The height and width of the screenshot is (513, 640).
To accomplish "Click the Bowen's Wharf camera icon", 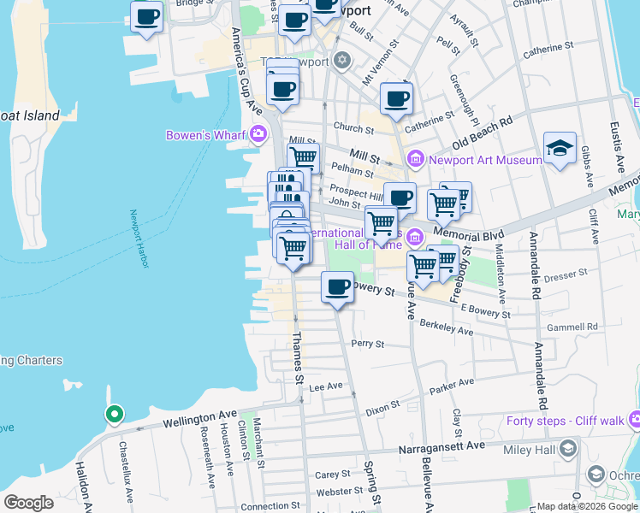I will [x=258, y=134].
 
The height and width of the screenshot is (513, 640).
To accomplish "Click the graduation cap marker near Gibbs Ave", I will [x=560, y=149].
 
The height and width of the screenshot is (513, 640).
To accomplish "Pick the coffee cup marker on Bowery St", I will [x=338, y=287].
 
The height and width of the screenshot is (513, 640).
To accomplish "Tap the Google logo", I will [x=28, y=502].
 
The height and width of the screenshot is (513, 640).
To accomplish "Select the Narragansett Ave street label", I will [x=440, y=446].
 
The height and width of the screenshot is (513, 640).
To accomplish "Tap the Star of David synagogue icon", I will [x=342, y=60].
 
